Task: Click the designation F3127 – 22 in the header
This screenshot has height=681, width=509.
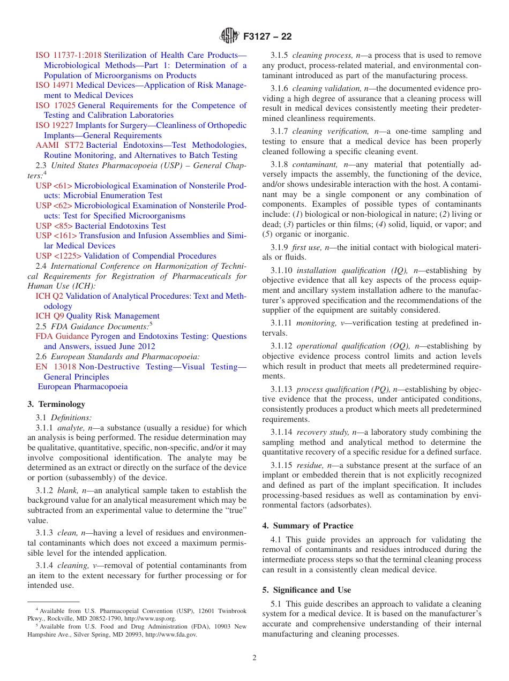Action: pyautogui.click(x=267, y=37)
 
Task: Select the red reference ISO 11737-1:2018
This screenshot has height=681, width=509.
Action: pyautogui.click(x=69, y=55)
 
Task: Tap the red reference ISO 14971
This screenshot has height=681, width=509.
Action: pyautogui.click(x=55, y=85)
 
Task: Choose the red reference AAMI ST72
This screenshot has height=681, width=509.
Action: pyautogui.click(x=59, y=146)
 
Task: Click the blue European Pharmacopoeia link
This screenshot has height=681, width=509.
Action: pyautogui.click(x=83, y=387)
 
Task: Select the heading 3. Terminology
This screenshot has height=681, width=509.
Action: pyautogui.click(x=56, y=404)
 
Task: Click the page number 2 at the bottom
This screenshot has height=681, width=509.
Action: pyautogui.click(x=254, y=658)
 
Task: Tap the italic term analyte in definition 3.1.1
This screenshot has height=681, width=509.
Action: pyautogui.click(x=70, y=428)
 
